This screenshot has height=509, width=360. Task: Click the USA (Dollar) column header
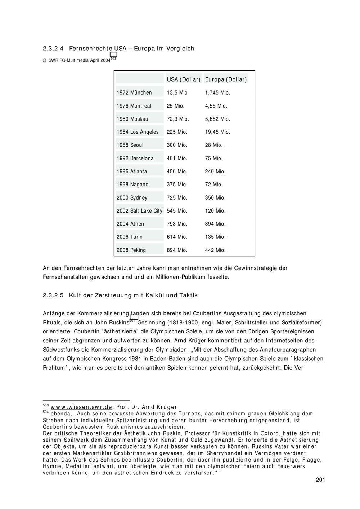[184, 79]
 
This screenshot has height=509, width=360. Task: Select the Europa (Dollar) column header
[226, 79]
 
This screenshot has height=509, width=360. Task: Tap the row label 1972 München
[134, 93]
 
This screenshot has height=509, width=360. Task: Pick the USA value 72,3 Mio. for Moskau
[178, 119]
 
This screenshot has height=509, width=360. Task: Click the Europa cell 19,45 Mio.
[217, 132]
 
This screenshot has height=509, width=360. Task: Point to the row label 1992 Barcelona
[135, 158]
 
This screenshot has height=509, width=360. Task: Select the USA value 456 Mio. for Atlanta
[177, 172]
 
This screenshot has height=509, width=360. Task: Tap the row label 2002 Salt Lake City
[139, 211]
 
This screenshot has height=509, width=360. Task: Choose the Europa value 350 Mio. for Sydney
[215, 198]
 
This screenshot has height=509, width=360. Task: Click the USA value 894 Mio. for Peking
[177, 250]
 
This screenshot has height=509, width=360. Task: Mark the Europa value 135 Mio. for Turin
[215, 237]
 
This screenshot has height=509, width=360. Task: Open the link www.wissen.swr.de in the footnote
[81, 407]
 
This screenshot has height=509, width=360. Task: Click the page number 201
[320, 480]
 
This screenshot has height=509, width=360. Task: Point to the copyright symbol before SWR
[45, 60]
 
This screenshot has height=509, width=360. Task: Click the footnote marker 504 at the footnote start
[46, 412]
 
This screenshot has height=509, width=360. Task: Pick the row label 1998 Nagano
[132, 185]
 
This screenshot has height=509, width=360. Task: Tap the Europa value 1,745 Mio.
[217, 93]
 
